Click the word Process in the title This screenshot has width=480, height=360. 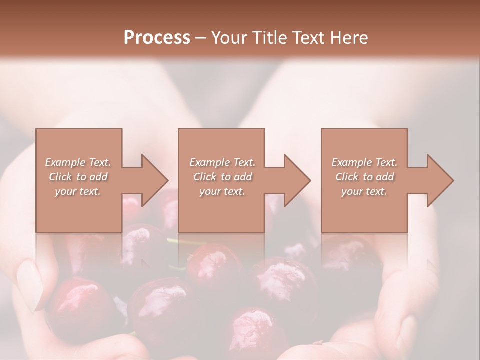coord(157,37)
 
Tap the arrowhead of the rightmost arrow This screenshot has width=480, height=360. coord(440,180)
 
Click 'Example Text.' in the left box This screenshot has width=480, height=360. coord(78,162)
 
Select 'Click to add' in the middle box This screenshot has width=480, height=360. coord(222,177)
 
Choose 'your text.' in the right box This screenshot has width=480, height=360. coord(364,191)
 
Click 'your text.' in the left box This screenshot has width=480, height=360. coord(78,191)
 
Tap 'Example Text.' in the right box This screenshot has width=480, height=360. coord(364,162)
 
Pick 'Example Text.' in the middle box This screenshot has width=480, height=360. coord(222,162)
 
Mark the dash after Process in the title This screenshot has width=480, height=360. coord(201,38)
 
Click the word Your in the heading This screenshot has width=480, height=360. coord(228,37)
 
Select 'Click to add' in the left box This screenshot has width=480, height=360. coord(78,177)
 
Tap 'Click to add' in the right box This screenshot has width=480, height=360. coord(364,177)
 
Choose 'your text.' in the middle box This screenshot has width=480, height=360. coord(222,191)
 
